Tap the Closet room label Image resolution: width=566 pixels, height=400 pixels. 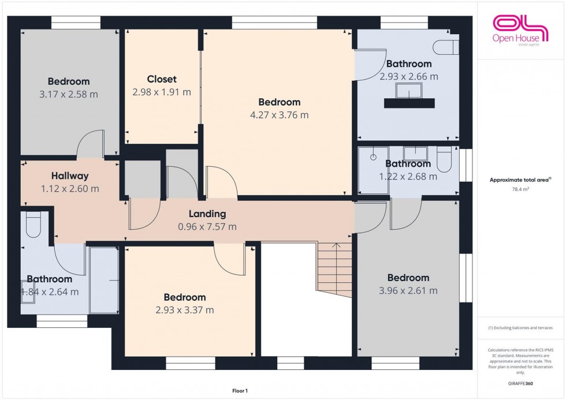click(162, 79)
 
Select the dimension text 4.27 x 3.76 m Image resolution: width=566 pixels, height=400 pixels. click(280, 115)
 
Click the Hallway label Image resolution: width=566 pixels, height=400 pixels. click(69, 176)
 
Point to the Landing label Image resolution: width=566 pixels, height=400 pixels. click(207, 214)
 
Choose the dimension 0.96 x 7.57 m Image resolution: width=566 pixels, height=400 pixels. click(207, 227)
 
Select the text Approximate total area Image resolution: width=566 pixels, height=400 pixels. click(520, 180)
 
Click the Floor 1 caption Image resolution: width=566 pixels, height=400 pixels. click(239, 391)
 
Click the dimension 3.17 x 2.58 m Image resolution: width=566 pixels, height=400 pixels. click(69, 94)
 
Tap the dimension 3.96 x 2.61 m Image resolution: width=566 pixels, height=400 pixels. click(408, 290)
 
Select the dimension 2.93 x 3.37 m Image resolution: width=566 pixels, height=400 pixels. click(185, 310)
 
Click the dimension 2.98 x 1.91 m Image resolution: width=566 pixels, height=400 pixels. click(162, 92)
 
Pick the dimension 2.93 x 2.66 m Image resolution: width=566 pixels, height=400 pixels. click(409, 76)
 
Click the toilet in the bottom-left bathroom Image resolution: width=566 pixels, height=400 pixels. click(33, 225)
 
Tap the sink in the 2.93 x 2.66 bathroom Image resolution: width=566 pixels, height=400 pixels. click(409, 90)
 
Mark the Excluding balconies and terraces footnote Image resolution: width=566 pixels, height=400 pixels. click(520, 328)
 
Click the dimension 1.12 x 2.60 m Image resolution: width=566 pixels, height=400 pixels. click(70, 189)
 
